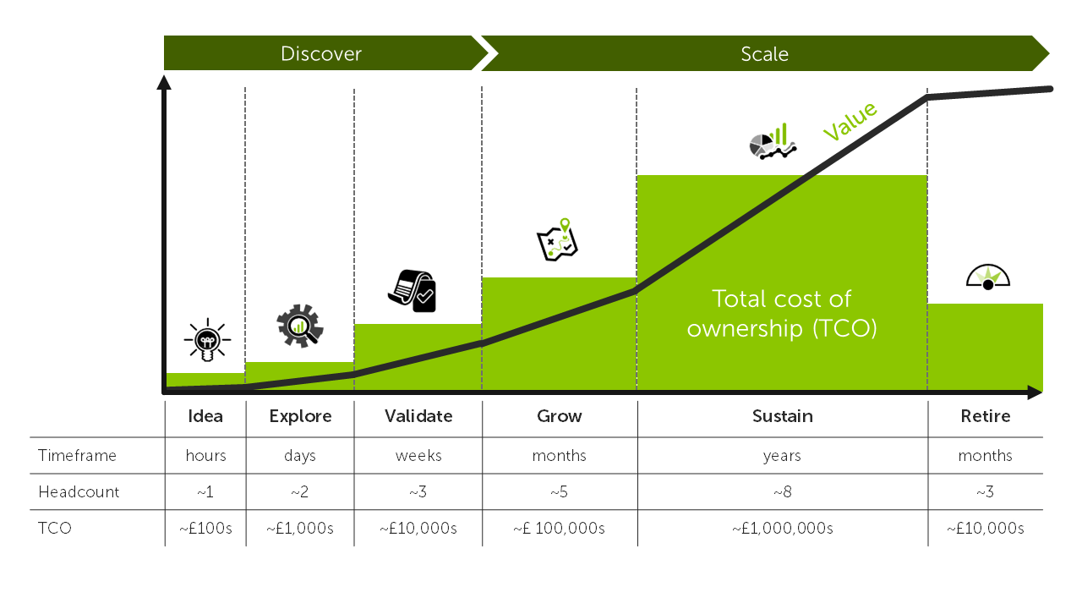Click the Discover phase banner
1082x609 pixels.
point(321,54)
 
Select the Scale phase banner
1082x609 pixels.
point(764,54)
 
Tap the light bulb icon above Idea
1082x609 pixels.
point(206,341)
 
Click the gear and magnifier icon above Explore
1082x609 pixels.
point(300,326)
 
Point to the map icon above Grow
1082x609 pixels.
point(558,239)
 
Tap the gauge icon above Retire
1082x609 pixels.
point(987,277)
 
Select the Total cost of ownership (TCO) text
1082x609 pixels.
point(781,313)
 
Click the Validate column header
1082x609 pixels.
point(418,416)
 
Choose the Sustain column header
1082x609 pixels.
point(783,416)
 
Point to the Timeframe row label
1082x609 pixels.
point(77,456)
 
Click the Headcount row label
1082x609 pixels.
point(79,492)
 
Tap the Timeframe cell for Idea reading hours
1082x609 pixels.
point(206,456)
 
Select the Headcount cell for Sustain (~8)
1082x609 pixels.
point(782,492)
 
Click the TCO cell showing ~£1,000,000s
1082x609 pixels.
point(782,529)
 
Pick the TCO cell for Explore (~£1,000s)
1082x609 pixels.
point(300,529)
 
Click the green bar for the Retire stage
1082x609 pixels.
point(985,347)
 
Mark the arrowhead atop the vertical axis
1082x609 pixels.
point(164,83)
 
